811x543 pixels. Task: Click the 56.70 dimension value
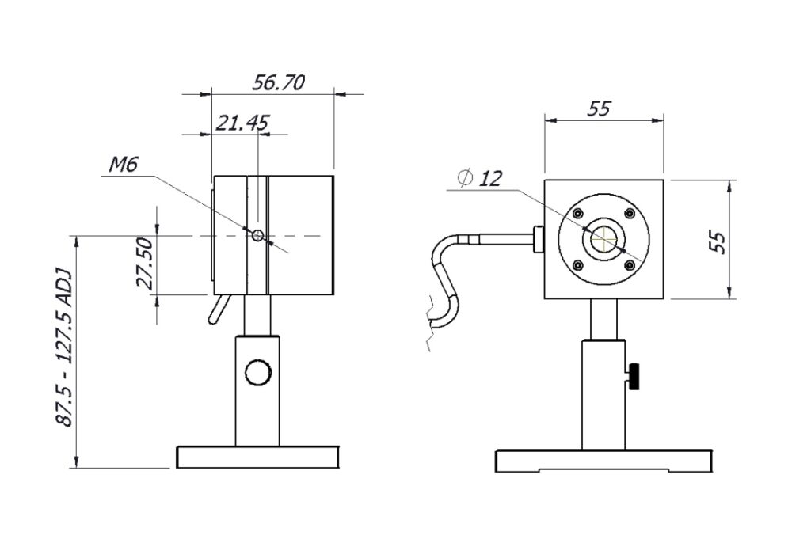[x=278, y=83]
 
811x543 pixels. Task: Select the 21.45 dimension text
[x=242, y=123]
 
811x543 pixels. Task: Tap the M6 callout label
[x=124, y=165]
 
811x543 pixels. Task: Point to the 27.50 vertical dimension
[x=145, y=263]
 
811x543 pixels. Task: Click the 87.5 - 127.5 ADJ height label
[x=64, y=347]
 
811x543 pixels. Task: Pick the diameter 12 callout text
[x=480, y=178]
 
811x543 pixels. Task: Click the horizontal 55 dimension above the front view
[x=600, y=108]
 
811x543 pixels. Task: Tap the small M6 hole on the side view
[x=257, y=236]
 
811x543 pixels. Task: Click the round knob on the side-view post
[x=257, y=372]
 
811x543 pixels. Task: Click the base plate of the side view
[x=258, y=458]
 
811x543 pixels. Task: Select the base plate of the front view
[x=603, y=461]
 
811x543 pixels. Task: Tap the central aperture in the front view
[x=604, y=239]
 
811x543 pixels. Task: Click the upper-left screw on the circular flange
[x=578, y=213]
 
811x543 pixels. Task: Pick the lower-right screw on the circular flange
[x=630, y=265]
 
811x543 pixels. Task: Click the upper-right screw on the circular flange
[x=630, y=213]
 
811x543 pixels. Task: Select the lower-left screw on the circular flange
[x=578, y=265]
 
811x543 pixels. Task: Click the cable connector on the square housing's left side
[x=538, y=239]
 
